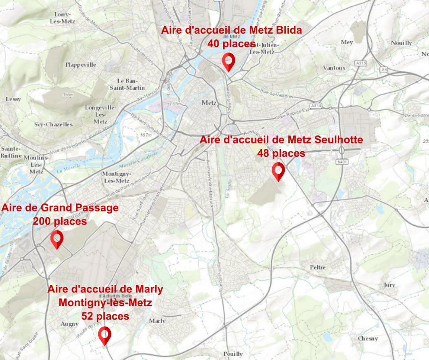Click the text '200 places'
coord(60,221)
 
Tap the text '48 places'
coord(281,153)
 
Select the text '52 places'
coord(105,316)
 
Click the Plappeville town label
coord(80,65)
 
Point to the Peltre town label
coord(318,267)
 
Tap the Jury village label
coord(389,285)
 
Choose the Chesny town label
coord(368,338)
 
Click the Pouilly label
coord(233,354)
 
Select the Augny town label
coord(70,324)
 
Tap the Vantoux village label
coord(334,68)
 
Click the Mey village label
coord(347,42)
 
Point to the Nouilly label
coord(401,43)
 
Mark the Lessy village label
coord(13,99)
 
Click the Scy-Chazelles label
coord(53,124)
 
